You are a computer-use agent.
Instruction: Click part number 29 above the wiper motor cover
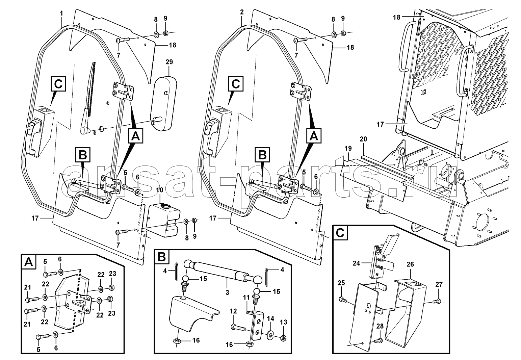coord(169,62)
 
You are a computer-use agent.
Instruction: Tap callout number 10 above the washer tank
coord(160,190)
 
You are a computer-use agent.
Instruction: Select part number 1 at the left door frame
coord(61,14)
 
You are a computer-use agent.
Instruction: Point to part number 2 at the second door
coord(242,12)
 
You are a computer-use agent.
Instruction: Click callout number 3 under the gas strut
coord(227,292)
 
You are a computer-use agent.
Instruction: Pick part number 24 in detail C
coord(356,263)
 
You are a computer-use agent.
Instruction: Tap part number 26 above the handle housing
coord(410,264)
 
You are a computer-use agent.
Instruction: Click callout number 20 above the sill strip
coord(363,139)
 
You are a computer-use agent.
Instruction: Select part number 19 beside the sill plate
coord(348,148)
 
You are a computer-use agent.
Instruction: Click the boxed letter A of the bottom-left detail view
coord(29,262)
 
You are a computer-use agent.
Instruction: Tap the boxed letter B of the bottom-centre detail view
coord(162,257)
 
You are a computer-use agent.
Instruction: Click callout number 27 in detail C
coord(439,284)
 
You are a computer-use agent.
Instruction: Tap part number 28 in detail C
coord(380,326)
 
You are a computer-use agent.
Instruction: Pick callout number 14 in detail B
coord(270,318)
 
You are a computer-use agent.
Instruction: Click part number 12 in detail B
coord(233,311)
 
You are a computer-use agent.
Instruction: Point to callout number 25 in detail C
coord(341,283)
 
